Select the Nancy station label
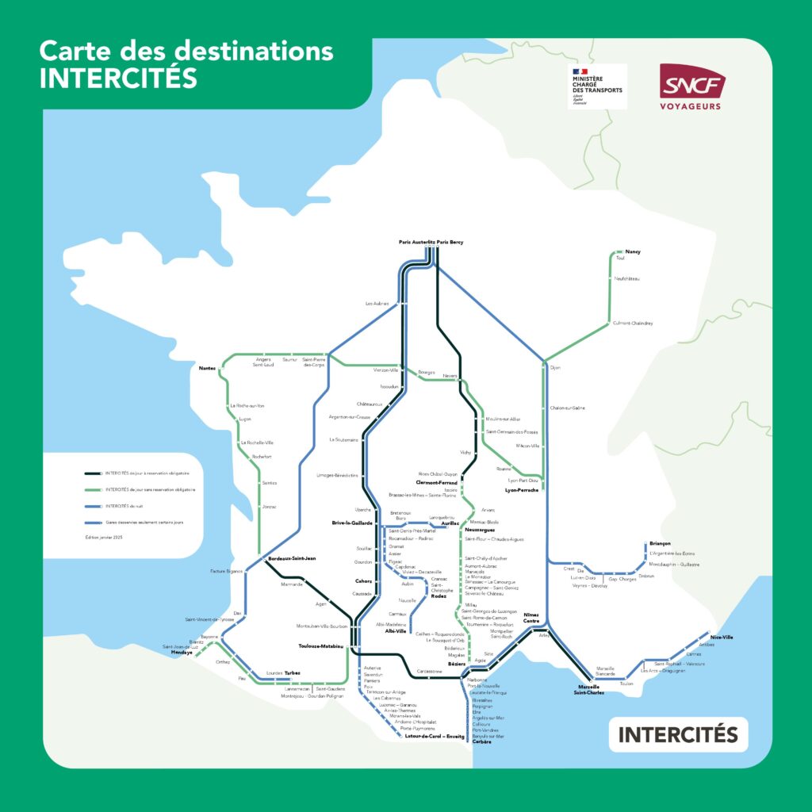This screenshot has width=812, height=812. (632, 251)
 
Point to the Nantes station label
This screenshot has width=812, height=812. (208, 368)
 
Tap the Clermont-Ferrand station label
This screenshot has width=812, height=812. (436, 482)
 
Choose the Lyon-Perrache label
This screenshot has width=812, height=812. (522, 490)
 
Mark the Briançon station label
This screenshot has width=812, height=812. (660, 543)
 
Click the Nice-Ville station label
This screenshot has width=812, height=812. (722, 637)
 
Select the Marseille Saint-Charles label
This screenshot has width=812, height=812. (589, 689)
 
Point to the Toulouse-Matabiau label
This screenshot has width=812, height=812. (321, 646)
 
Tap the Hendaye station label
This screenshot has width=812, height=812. (182, 652)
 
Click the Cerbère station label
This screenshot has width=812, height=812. (481, 742)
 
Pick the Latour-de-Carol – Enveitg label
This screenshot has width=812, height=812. (435, 736)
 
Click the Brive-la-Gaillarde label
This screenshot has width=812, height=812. (352, 523)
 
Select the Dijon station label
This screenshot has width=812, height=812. (555, 368)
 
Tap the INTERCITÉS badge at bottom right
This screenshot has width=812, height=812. (678, 734)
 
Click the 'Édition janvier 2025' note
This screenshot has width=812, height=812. (110, 538)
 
